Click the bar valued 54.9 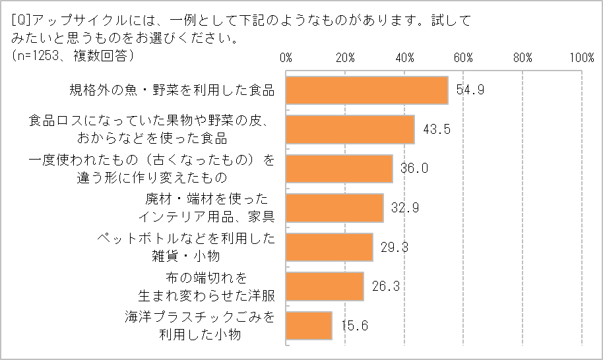pos(367,90)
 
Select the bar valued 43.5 pos(350,129)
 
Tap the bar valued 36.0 pos(339,168)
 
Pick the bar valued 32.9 pos(334,208)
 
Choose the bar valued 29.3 pos(329,247)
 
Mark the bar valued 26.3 pos(325,286)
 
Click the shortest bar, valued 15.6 pos(309,325)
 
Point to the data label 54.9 pos(470,90)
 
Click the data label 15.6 pos(354,325)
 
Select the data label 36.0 pos(414,168)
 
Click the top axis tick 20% pos(346,57)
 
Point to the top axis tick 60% pos(464,57)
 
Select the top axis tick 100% pos(581,57)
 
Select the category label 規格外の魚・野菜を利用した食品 pos(172,90)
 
